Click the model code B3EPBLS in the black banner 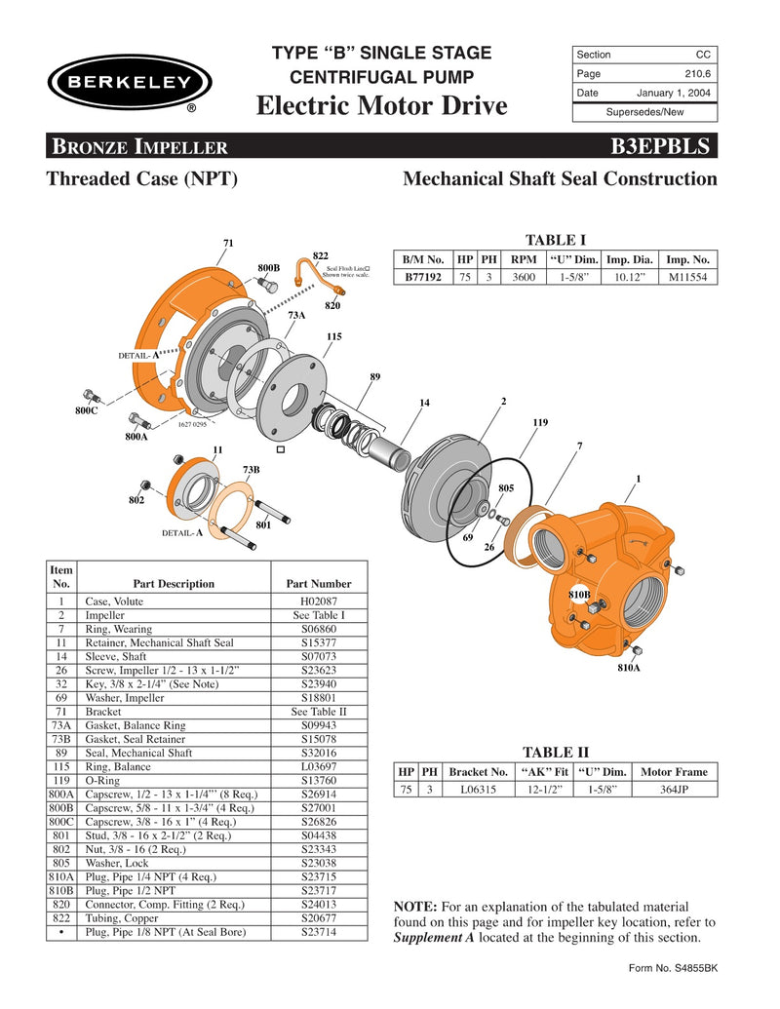pyautogui.click(x=664, y=147)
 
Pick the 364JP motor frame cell pyautogui.click(x=675, y=789)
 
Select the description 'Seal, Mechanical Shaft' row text pyautogui.click(x=139, y=753)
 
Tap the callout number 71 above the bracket pyautogui.click(x=228, y=242)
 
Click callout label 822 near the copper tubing pyautogui.click(x=319, y=254)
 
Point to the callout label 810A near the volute pyautogui.click(x=628, y=670)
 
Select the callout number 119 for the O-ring pyautogui.click(x=540, y=422)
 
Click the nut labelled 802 pyautogui.click(x=145, y=485)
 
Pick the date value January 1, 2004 pyautogui.click(x=674, y=93)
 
